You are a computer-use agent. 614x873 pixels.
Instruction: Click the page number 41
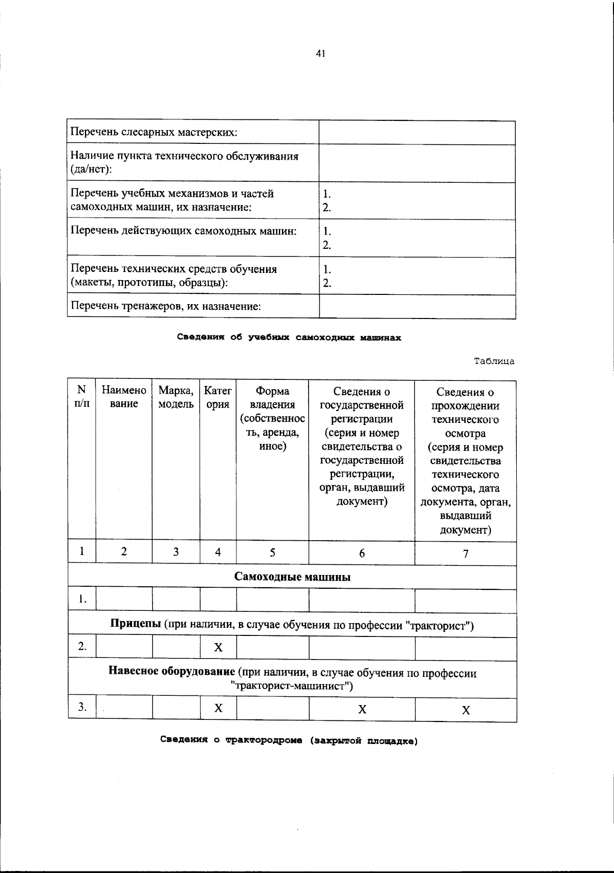[321, 53]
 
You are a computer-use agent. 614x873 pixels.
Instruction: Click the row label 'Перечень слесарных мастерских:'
[153, 132]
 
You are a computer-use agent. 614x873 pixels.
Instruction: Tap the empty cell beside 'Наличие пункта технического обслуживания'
[416, 163]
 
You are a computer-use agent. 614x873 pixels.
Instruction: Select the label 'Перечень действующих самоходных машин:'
[184, 231]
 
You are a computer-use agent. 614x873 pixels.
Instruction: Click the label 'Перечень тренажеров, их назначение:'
[166, 306]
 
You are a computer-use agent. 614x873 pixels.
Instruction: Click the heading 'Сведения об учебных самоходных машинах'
[289, 337]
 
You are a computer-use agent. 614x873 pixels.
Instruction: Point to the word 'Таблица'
[494, 361]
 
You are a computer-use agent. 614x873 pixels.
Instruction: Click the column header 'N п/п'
[81, 397]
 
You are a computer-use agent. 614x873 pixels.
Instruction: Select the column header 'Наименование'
[124, 397]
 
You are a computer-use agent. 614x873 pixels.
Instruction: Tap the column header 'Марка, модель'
[176, 397]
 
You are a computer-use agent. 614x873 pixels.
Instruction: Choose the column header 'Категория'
[217, 397]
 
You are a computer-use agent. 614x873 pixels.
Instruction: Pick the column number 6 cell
[362, 553]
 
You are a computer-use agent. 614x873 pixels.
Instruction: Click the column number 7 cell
[466, 553]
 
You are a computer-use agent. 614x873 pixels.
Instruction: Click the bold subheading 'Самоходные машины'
[292, 577]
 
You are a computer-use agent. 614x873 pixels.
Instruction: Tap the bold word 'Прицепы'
[136, 625]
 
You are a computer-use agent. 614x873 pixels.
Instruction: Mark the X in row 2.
[218, 648]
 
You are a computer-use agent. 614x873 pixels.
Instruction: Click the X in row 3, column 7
[466, 710]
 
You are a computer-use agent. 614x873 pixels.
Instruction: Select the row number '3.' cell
[82, 708]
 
